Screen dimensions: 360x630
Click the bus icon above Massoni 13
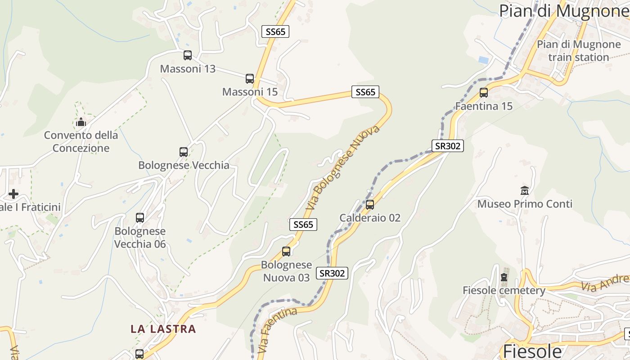point(188,55)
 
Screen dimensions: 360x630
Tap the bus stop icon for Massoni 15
point(250,79)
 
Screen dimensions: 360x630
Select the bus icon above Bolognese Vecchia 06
point(140,218)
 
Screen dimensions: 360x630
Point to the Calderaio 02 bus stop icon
point(370,205)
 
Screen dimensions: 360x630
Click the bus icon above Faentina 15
point(484,93)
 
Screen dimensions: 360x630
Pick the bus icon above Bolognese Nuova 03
point(286,252)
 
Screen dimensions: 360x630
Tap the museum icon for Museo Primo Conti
point(524,190)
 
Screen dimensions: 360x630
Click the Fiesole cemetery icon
point(504,277)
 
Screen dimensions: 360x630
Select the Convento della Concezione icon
point(81,122)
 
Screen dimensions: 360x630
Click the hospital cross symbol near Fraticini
point(13,194)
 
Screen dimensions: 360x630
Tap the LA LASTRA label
point(163,329)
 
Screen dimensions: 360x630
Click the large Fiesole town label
point(532,351)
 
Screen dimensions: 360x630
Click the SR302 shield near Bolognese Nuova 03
point(332,273)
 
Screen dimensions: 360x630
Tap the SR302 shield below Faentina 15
point(447,146)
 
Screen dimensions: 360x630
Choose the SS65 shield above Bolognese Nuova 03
point(303,225)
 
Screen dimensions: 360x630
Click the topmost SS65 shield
point(275,31)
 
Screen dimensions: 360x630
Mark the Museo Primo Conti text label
point(525,204)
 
